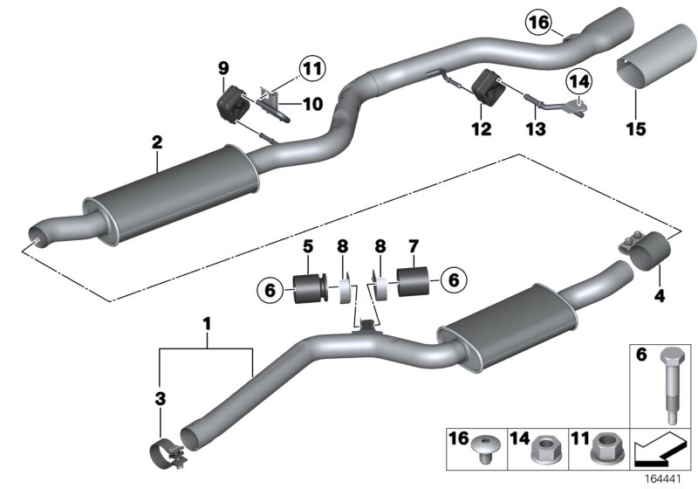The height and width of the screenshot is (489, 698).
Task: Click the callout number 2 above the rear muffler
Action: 156,141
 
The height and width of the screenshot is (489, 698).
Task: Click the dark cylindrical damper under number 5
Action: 311,289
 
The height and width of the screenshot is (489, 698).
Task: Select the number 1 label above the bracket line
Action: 207,324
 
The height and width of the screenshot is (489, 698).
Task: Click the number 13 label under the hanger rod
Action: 535,129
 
